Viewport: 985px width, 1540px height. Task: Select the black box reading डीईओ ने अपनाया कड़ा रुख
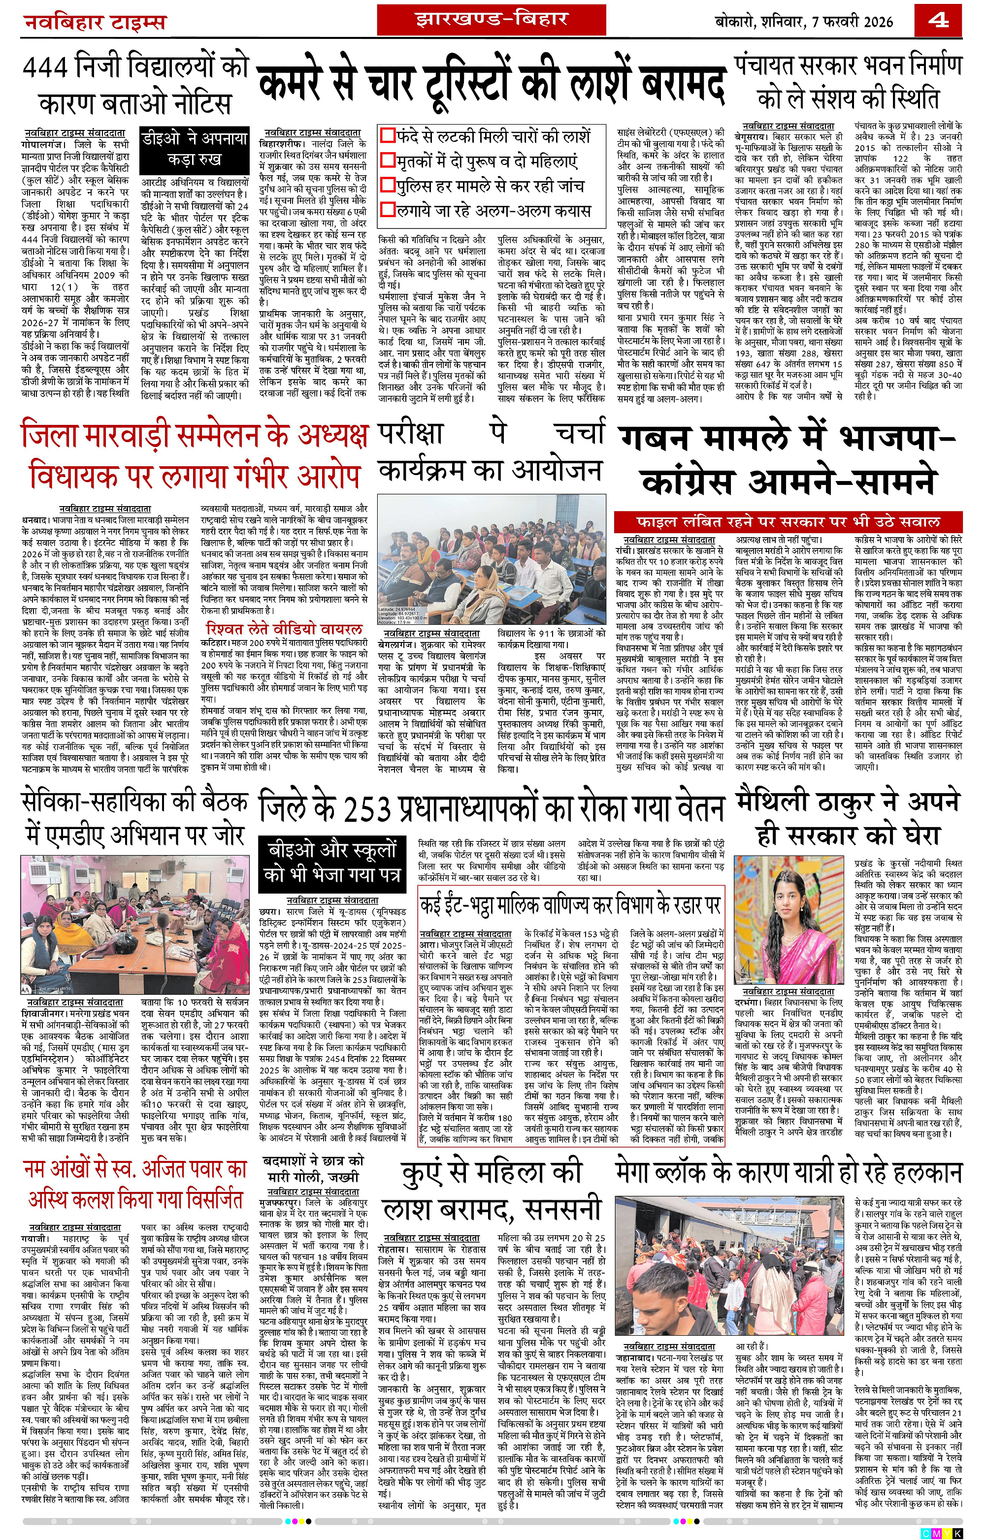195,148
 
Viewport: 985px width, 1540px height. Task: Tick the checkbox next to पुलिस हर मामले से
388,186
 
